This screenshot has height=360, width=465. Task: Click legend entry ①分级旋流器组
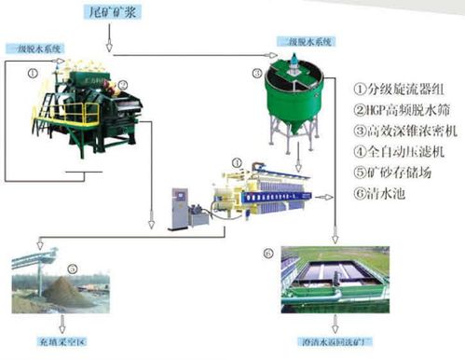(395, 90)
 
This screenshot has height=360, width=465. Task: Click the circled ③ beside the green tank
(257, 73)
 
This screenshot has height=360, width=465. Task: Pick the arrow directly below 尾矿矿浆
(111, 42)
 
